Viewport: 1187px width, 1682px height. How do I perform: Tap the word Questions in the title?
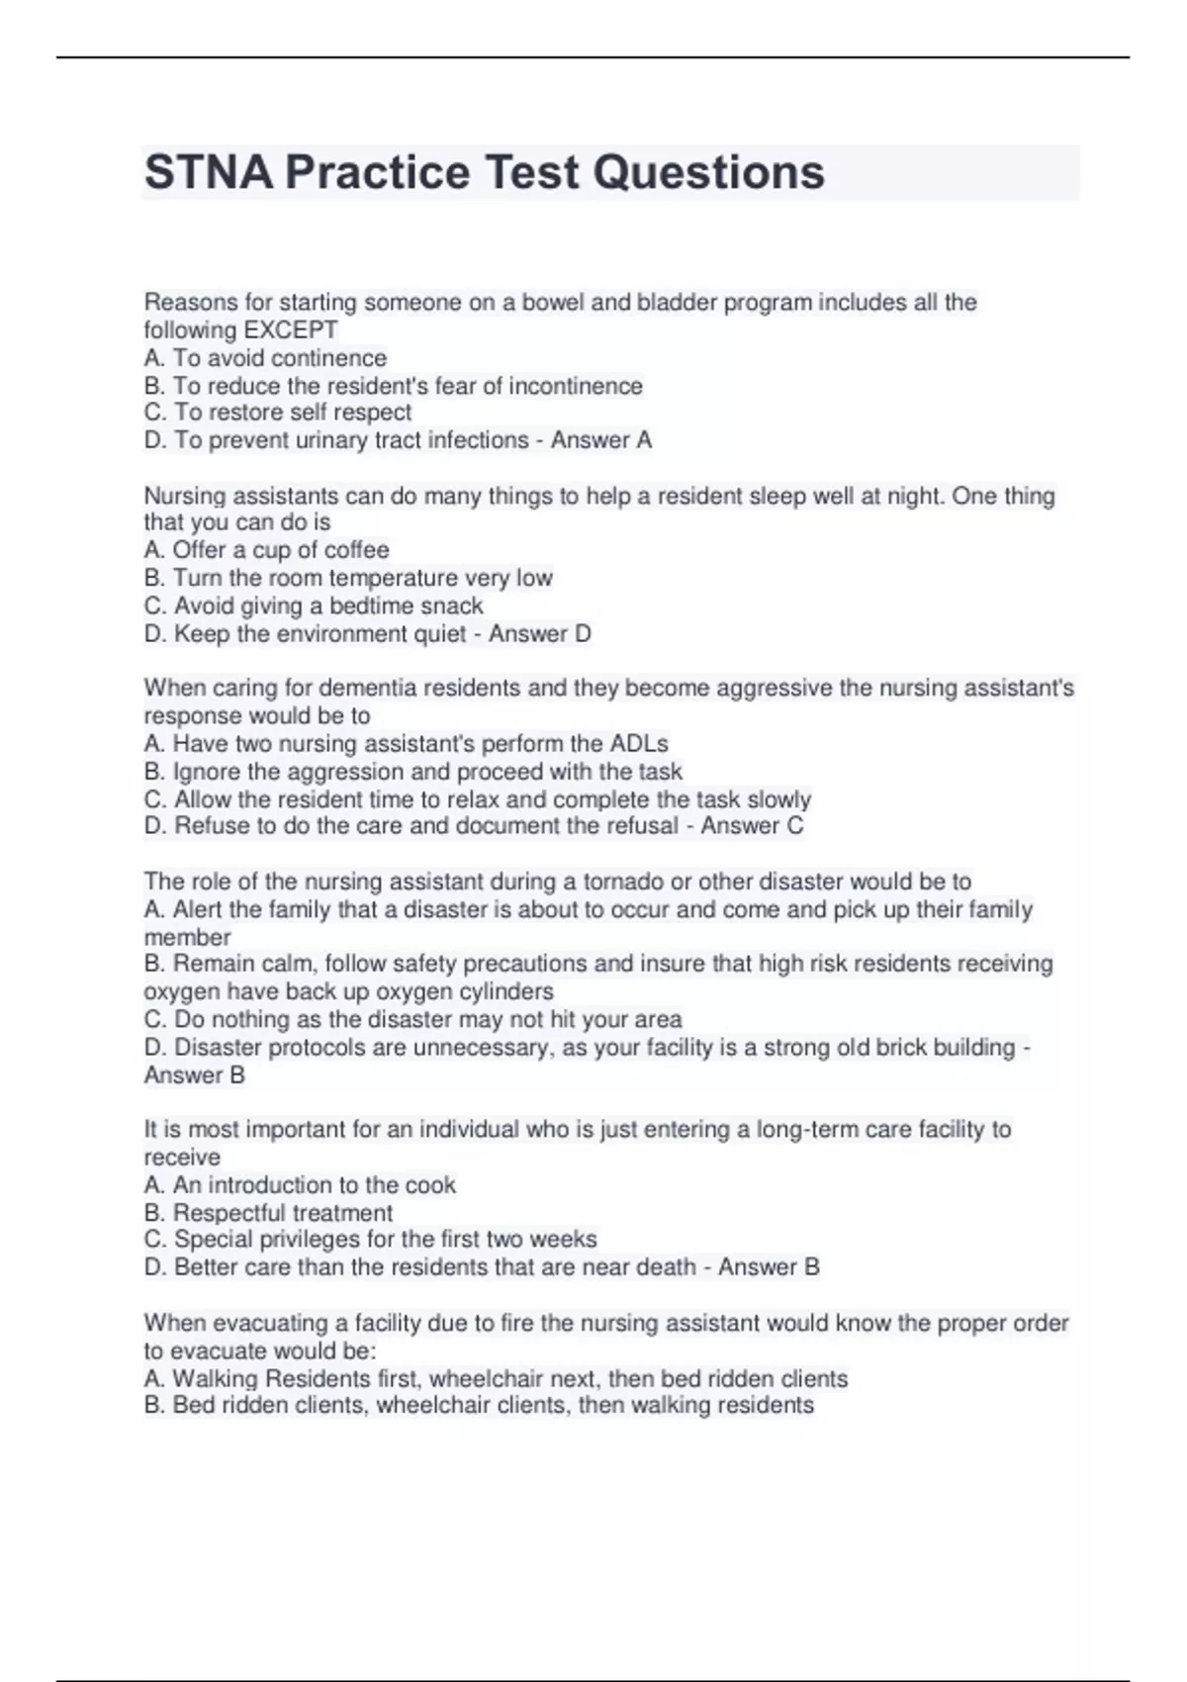point(708,172)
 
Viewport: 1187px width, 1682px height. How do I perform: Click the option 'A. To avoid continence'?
point(265,358)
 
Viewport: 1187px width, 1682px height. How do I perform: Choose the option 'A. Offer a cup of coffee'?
point(266,550)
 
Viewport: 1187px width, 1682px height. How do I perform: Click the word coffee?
point(357,550)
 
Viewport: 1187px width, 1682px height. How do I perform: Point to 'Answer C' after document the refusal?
point(752,826)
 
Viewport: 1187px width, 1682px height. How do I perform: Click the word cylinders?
point(509,991)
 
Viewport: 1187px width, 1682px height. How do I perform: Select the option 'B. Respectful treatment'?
point(268,1213)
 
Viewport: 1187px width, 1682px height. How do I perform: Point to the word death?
point(666,1267)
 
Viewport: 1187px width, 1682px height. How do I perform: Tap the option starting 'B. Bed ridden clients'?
point(479,1406)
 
